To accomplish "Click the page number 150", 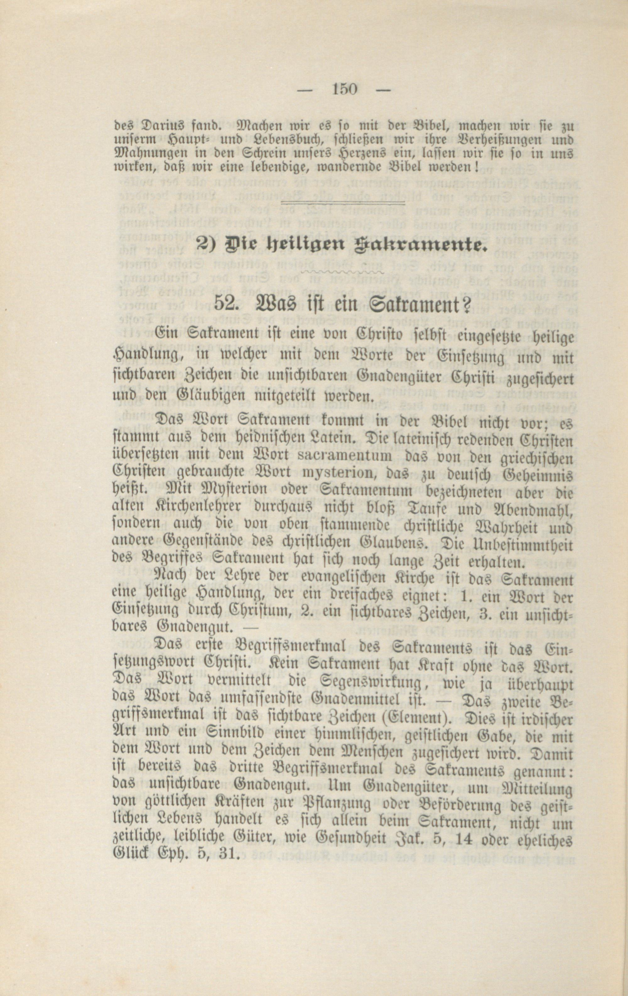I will (344, 89).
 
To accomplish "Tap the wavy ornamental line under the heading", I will (343, 271).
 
